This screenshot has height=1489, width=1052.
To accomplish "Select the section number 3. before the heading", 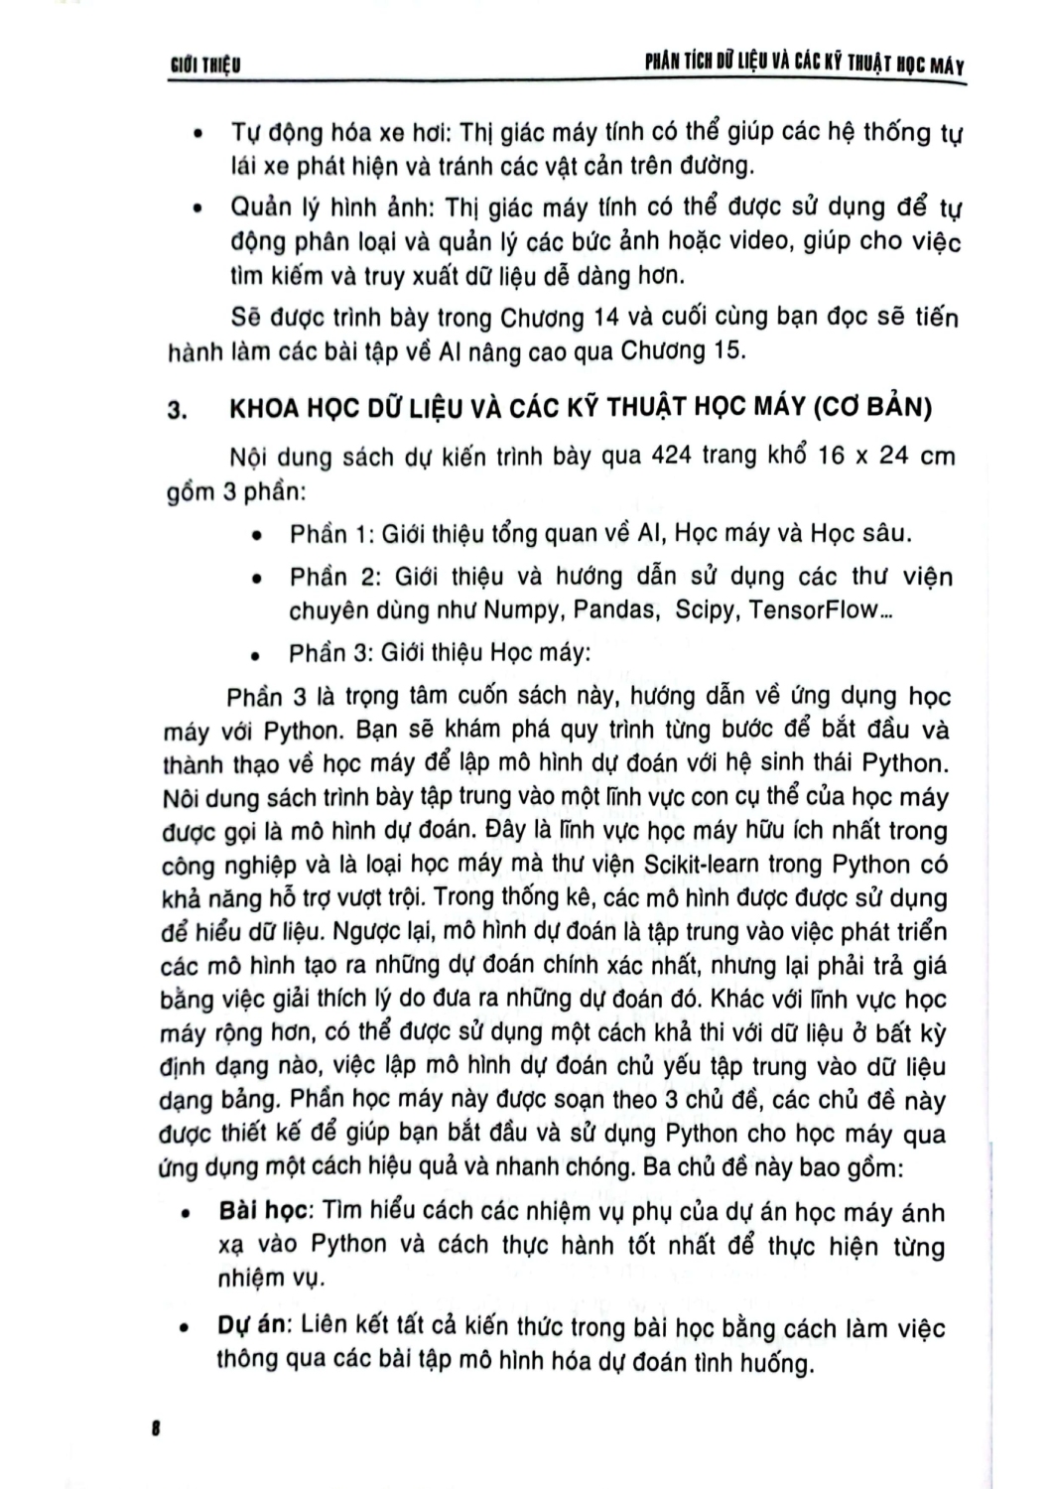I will coord(179,412).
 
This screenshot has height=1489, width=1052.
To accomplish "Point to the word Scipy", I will coord(705,609).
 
